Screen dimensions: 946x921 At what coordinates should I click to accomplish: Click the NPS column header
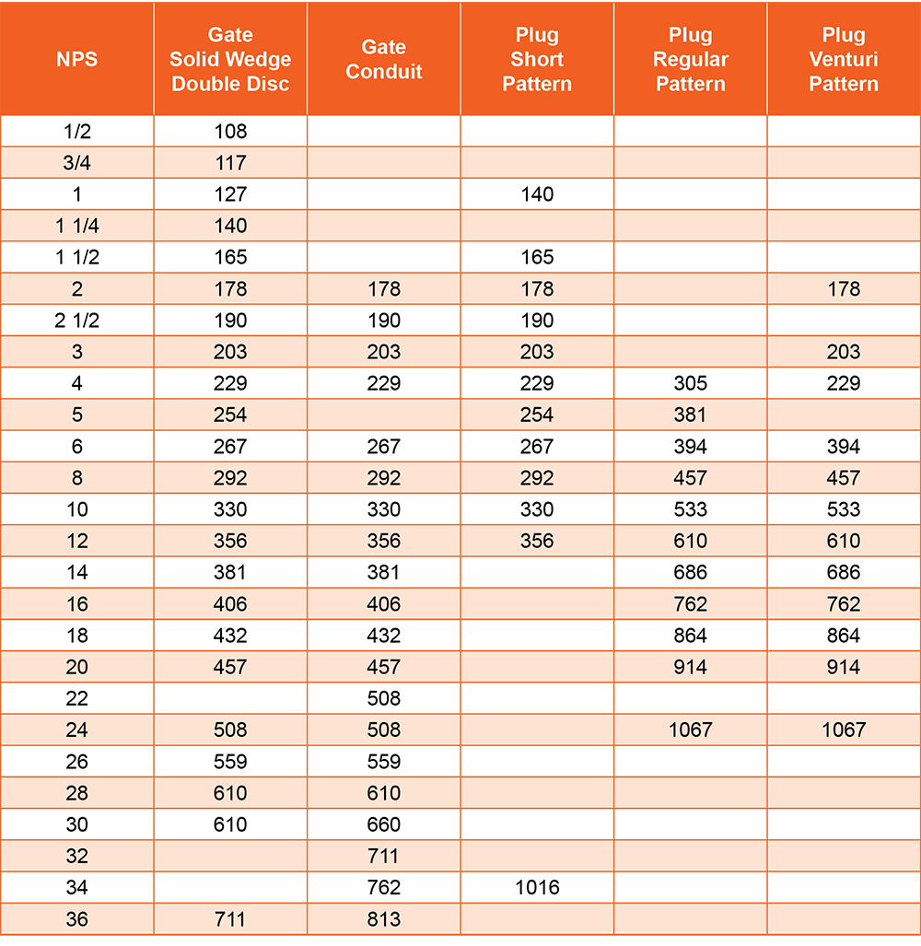pyautogui.click(x=76, y=60)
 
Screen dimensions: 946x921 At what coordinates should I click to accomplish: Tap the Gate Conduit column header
pyautogui.click(x=383, y=60)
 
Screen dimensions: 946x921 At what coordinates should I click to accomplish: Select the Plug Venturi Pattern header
pyautogui.click(x=844, y=60)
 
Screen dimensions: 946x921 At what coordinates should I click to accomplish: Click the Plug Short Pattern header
pyautogui.click(x=537, y=60)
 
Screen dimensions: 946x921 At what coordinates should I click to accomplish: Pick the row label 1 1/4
pyautogui.click(x=76, y=226)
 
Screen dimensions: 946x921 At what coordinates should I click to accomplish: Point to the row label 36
pyautogui.click(x=76, y=919)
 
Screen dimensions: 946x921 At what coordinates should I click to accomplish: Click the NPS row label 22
pyautogui.click(x=76, y=698)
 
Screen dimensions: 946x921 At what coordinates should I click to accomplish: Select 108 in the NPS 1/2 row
pyautogui.click(x=230, y=131)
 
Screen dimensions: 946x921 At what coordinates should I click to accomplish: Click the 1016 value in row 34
pyautogui.click(x=537, y=888)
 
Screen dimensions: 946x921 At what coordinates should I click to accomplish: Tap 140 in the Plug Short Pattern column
pyautogui.click(x=537, y=194)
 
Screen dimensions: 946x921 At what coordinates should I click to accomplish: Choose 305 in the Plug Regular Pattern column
pyautogui.click(x=690, y=383)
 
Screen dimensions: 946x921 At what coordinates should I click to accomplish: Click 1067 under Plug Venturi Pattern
pyautogui.click(x=844, y=730)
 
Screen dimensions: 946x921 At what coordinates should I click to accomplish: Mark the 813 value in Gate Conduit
pyautogui.click(x=383, y=919)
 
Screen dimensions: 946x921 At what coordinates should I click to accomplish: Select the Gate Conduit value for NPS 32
pyautogui.click(x=383, y=856)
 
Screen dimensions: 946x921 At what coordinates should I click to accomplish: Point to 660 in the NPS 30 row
pyautogui.click(x=383, y=824)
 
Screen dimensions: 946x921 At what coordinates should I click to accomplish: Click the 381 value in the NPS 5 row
pyautogui.click(x=690, y=415)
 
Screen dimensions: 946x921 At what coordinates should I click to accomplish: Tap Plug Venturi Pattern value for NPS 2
pyautogui.click(x=844, y=289)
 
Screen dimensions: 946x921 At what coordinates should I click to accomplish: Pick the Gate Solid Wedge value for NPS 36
pyautogui.click(x=230, y=919)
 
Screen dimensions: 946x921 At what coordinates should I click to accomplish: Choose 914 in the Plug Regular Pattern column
pyautogui.click(x=690, y=667)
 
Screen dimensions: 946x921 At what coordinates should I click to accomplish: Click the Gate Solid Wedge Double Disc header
pyautogui.click(x=230, y=60)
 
